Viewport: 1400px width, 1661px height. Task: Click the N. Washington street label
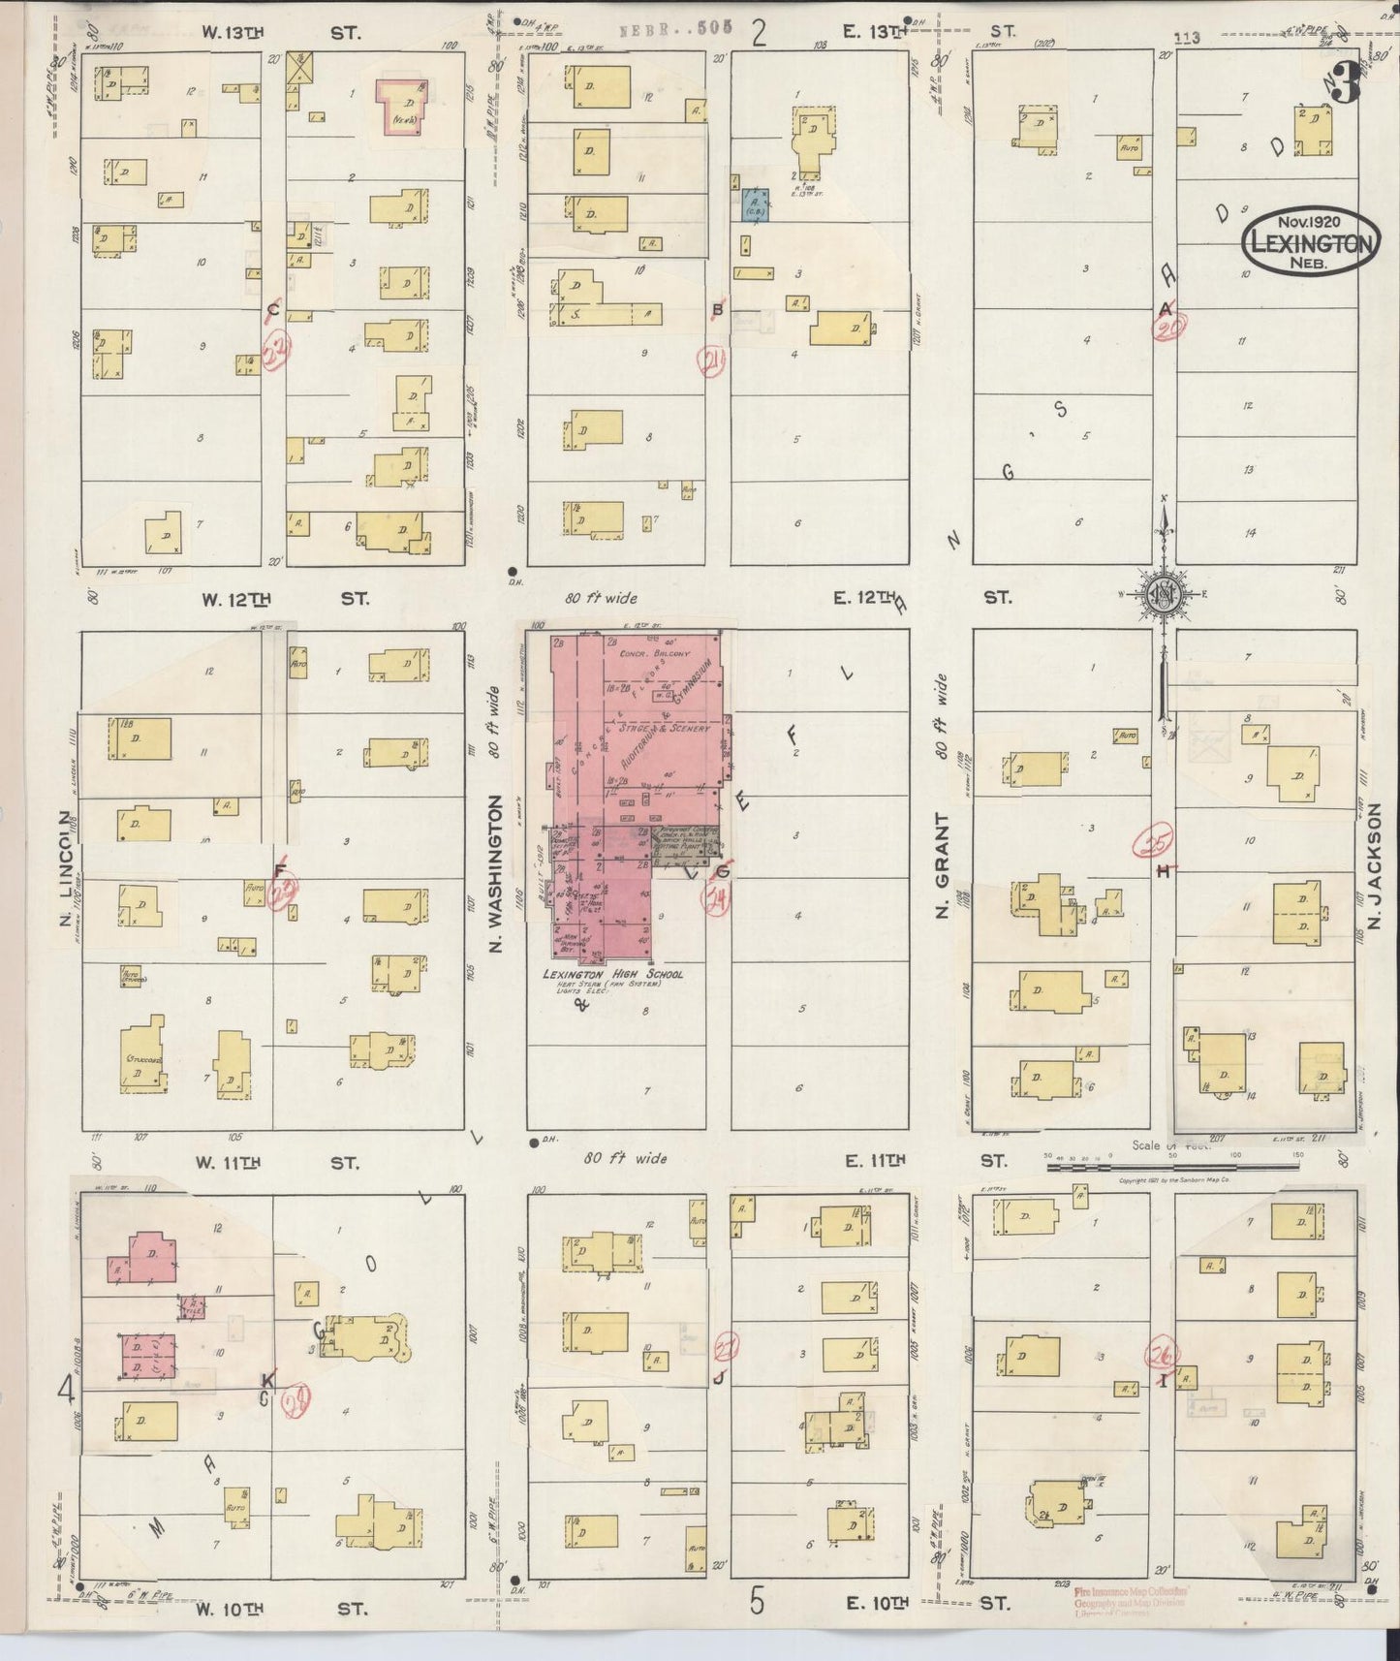(496, 872)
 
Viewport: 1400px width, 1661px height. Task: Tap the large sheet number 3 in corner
(1344, 84)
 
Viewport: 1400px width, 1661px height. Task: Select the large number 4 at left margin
(66, 1390)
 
